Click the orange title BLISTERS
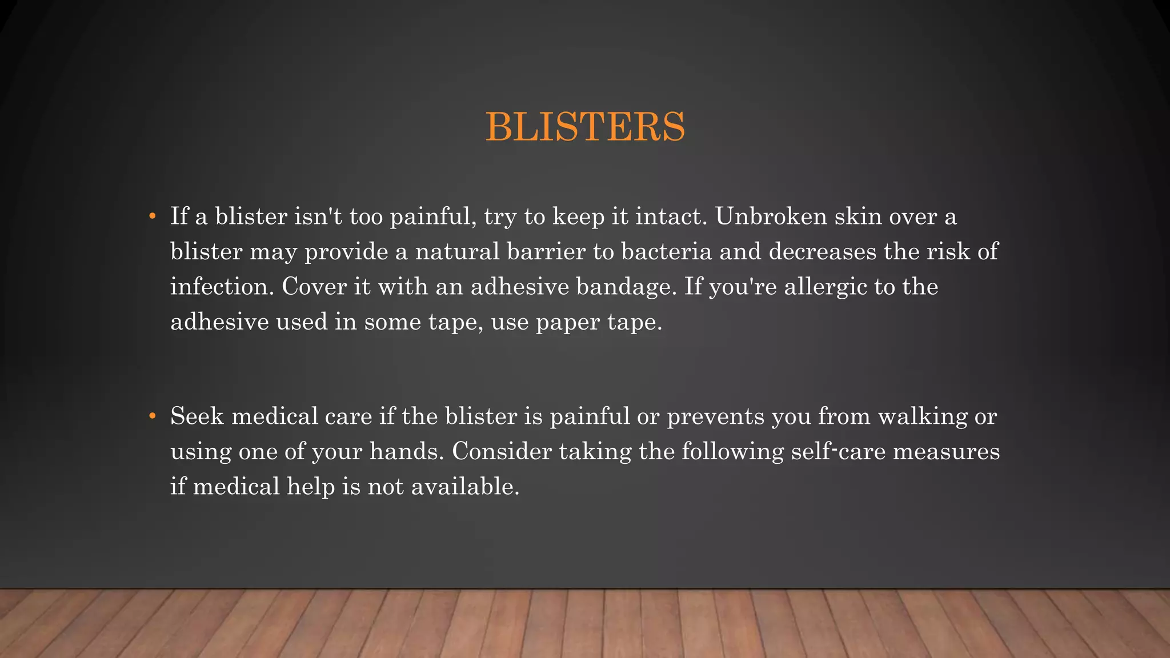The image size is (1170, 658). (585, 127)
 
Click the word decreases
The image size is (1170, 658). (822, 252)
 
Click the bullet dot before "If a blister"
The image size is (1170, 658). (152, 216)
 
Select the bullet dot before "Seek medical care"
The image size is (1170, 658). (152, 416)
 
